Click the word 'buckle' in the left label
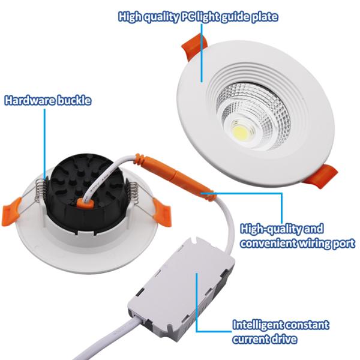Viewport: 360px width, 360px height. [74, 100]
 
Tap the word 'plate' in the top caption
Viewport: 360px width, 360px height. [264, 16]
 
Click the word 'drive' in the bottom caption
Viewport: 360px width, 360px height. [284, 339]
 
